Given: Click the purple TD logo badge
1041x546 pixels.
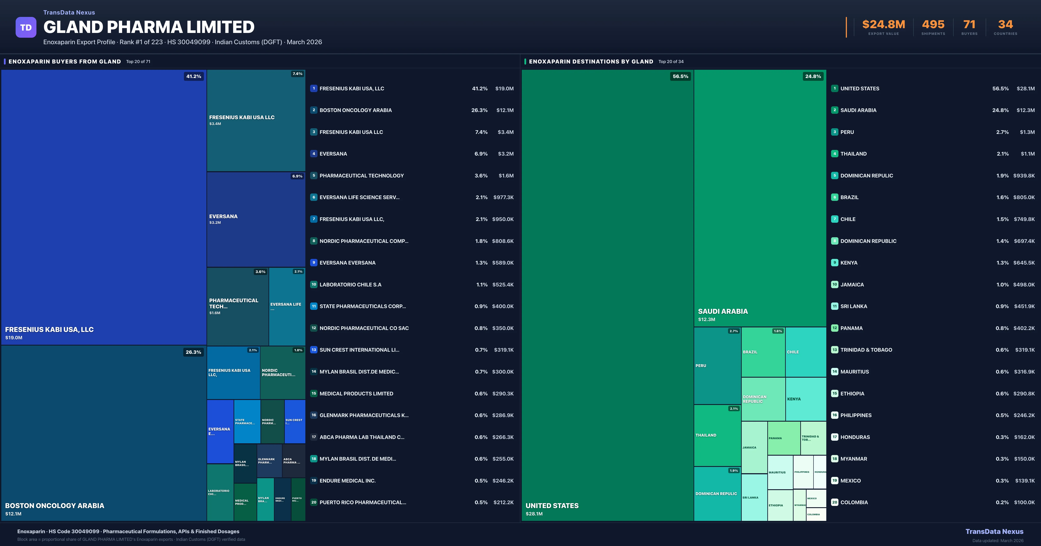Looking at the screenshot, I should click(26, 28).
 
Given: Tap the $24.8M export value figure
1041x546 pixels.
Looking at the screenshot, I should click(883, 25).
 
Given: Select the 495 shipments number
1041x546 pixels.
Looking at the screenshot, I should click(933, 25).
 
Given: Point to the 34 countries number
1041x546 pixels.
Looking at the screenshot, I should click(1005, 25).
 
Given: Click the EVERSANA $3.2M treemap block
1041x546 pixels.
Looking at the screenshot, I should click(256, 219).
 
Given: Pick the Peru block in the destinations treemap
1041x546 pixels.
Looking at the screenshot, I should click(717, 366).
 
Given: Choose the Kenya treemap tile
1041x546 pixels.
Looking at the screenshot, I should click(805, 399).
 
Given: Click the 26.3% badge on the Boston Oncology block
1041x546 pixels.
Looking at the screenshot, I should click(193, 352).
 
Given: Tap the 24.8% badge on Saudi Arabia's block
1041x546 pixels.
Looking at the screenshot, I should click(813, 76).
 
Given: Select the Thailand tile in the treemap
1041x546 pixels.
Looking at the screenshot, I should click(717, 435).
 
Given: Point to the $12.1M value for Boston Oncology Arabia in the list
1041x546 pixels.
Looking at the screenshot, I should click(505, 110).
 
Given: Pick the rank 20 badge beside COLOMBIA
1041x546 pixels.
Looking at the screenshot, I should click(835, 502).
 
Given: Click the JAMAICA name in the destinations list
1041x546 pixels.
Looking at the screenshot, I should click(852, 285).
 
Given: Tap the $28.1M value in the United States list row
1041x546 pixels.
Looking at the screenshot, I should click(1026, 88).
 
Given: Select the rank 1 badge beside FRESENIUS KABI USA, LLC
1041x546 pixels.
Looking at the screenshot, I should click(314, 88).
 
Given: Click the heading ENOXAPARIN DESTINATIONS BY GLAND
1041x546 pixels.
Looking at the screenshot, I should click(591, 61).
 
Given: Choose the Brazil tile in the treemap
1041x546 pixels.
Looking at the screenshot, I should click(763, 352).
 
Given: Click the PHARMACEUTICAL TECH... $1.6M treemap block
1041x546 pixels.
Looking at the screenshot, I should click(238, 306).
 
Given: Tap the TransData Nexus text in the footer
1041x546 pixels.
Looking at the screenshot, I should click(994, 531).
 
